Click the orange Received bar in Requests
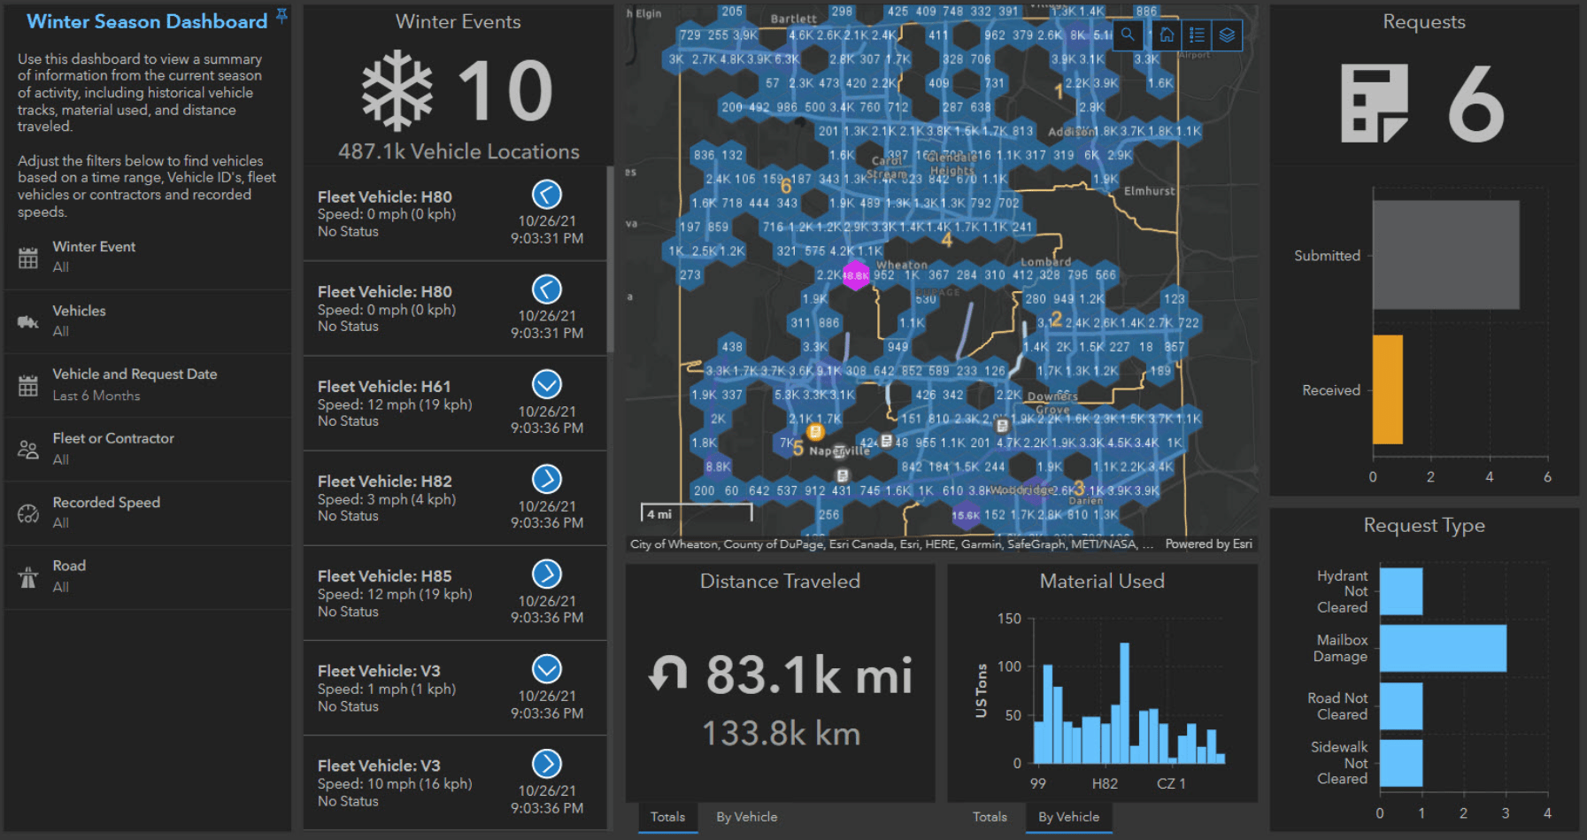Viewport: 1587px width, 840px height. pos(1387,389)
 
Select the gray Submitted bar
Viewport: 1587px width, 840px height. pos(1445,255)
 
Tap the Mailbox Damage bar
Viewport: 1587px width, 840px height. pos(1442,648)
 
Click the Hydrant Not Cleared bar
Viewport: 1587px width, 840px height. pos(1400,591)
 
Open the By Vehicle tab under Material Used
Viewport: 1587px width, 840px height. pos(1068,817)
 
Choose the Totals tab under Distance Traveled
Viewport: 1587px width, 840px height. pos(667,817)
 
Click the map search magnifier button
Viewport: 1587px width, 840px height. pos(1128,35)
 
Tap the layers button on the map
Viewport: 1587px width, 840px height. pos(1227,35)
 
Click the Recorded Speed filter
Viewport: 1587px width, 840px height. pos(106,512)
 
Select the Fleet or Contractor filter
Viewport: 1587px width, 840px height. pos(113,448)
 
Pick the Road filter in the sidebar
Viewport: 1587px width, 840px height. pos(69,575)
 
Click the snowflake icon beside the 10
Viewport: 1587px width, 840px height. pos(397,91)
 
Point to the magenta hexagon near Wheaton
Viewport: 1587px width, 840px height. pos(855,275)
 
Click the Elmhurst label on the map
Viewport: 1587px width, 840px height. pos(1149,191)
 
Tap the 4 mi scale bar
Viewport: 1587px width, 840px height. pos(697,513)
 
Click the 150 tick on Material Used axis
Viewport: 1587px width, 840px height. pos(1009,619)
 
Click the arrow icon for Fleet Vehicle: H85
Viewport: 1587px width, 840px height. pos(546,574)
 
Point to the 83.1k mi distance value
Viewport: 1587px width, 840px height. pos(808,675)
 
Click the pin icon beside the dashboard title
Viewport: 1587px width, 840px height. pos(281,15)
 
